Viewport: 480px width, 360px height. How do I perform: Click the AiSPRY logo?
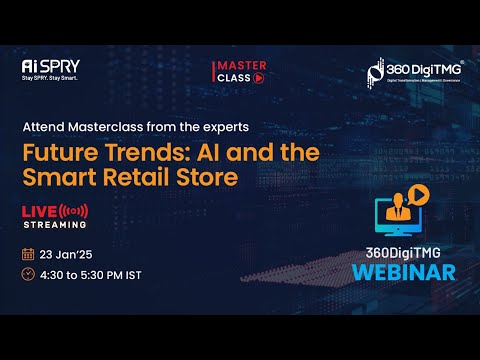pos(50,66)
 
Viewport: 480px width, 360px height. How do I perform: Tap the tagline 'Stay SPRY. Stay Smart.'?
pos(51,78)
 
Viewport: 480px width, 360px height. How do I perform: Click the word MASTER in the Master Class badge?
pos(240,66)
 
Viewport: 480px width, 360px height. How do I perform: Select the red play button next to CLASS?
pos(258,79)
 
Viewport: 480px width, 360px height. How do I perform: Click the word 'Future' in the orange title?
pos(65,153)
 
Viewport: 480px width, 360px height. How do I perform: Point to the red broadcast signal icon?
pos(74,211)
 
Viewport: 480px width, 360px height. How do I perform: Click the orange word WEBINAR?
pos(409,271)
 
